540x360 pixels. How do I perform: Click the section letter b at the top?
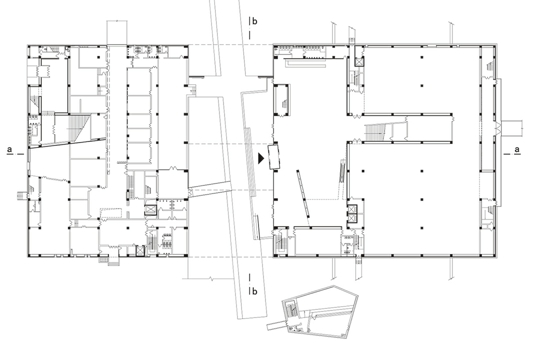(255, 21)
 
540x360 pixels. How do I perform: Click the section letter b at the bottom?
(255, 291)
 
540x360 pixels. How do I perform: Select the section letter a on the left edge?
(10, 150)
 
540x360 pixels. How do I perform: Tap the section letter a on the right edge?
(517, 150)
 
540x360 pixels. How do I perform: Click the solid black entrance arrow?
(261, 158)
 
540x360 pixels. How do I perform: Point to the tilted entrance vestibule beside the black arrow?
(274, 157)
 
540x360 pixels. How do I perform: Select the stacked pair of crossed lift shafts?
(352, 214)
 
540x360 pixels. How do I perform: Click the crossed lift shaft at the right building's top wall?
(359, 62)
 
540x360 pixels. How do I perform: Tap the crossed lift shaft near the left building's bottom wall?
(140, 250)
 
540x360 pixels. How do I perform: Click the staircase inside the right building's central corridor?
(374, 132)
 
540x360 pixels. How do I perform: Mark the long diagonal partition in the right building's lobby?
(303, 193)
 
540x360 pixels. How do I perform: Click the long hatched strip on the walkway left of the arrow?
(251, 162)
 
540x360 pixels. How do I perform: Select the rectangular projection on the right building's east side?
(512, 128)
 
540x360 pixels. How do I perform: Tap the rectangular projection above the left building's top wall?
(117, 33)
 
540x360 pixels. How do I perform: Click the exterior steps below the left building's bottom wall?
(109, 260)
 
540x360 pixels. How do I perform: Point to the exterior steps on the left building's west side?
(23, 196)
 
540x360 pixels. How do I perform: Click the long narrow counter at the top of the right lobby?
(305, 64)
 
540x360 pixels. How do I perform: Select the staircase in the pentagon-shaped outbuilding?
(291, 309)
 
